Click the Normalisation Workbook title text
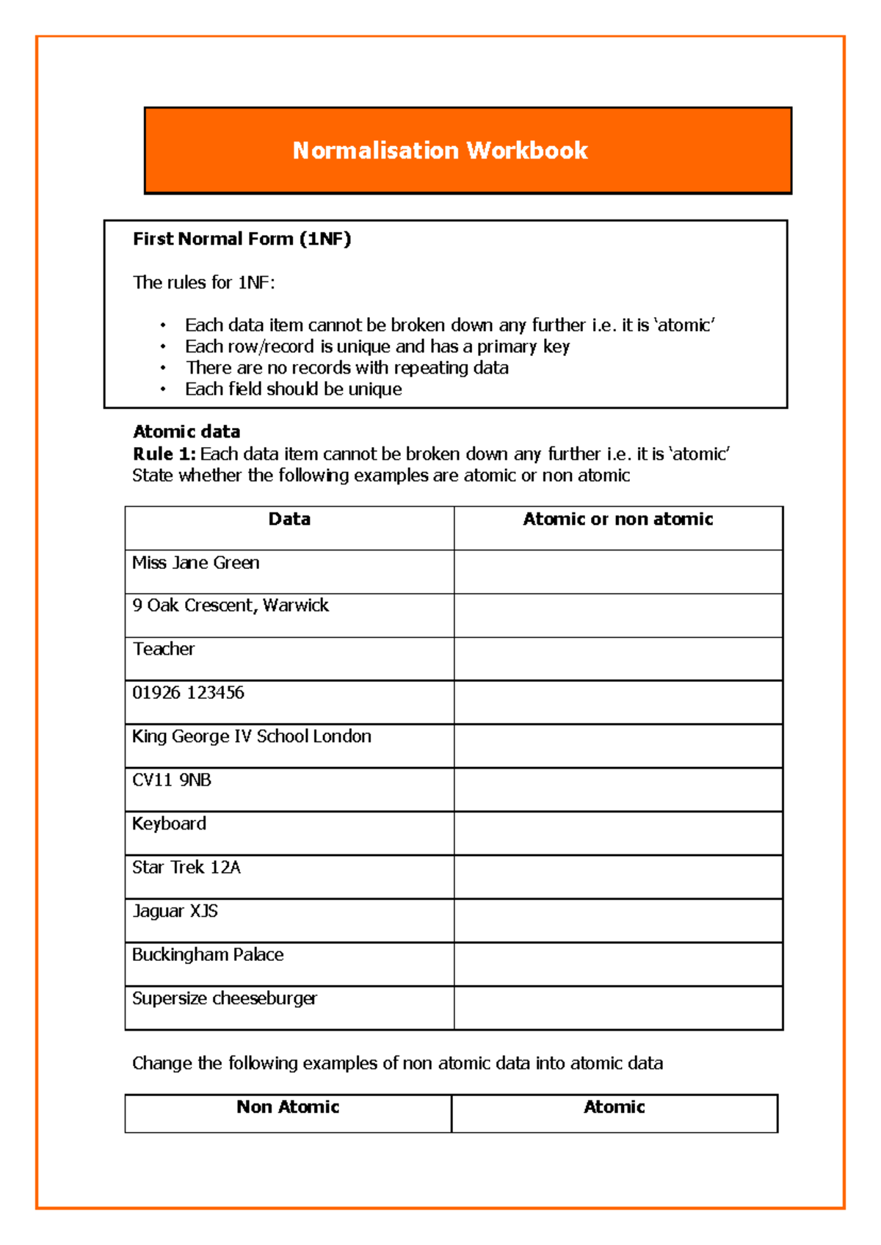pyautogui.click(x=440, y=150)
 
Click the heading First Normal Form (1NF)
pyautogui.click(x=242, y=239)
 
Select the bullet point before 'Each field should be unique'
pyautogui.click(x=163, y=390)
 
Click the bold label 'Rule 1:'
pyautogui.click(x=164, y=454)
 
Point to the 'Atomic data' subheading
pyautogui.click(x=186, y=432)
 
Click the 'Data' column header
pyautogui.click(x=289, y=520)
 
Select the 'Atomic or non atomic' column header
pyautogui.click(x=617, y=520)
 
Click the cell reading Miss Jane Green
pyautogui.click(x=196, y=563)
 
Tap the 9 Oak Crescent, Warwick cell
pyautogui.click(x=231, y=606)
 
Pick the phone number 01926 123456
pyautogui.click(x=188, y=693)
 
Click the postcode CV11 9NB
pyautogui.click(x=172, y=780)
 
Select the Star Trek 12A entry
pyautogui.click(x=186, y=868)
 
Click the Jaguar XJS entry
pyautogui.click(x=175, y=912)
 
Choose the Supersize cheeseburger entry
pyautogui.click(x=225, y=999)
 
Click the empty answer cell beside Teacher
pyautogui.click(x=617, y=658)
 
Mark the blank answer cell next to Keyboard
pyautogui.click(x=617, y=833)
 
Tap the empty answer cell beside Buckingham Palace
pyautogui.click(x=617, y=964)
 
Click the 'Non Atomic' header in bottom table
pyautogui.click(x=288, y=1107)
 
